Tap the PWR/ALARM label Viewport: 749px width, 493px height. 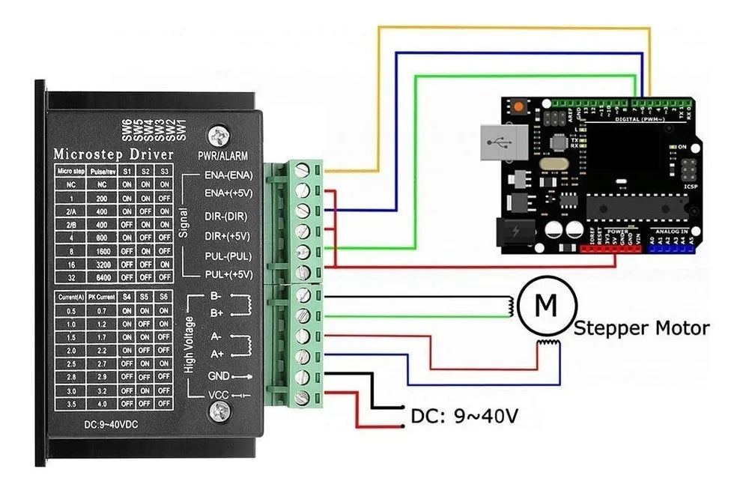pos(222,157)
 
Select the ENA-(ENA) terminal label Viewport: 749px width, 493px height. pos(228,175)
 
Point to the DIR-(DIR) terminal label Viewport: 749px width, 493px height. pos(227,215)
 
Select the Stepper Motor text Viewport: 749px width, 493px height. pos(641,328)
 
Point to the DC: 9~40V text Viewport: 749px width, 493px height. pos(464,416)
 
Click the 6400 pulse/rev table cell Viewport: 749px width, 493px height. pos(102,276)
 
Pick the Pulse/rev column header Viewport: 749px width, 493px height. pos(102,172)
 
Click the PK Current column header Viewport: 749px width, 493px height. pos(102,297)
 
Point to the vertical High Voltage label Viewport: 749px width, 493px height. pos(189,345)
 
